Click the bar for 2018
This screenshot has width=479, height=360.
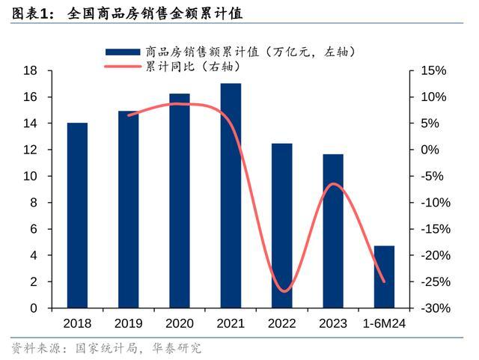(x=77, y=216)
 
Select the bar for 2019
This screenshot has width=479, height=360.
(x=128, y=210)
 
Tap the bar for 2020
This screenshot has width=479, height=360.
(x=180, y=201)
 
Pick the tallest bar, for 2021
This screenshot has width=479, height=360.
(x=231, y=195)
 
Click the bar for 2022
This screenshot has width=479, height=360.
(x=281, y=225)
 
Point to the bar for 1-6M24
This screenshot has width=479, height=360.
(x=384, y=276)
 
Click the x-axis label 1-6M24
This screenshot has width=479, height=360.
(x=384, y=323)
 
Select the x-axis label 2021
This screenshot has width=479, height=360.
(x=231, y=323)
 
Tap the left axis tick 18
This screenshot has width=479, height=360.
(x=31, y=70)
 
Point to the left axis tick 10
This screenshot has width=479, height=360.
(x=31, y=177)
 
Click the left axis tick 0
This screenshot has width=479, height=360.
(x=34, y=308)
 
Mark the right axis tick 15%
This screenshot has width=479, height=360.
(x=433, y=70)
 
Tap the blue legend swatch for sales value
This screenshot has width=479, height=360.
(x=122, y=52)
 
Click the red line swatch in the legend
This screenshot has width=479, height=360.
(x=122, y=67)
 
